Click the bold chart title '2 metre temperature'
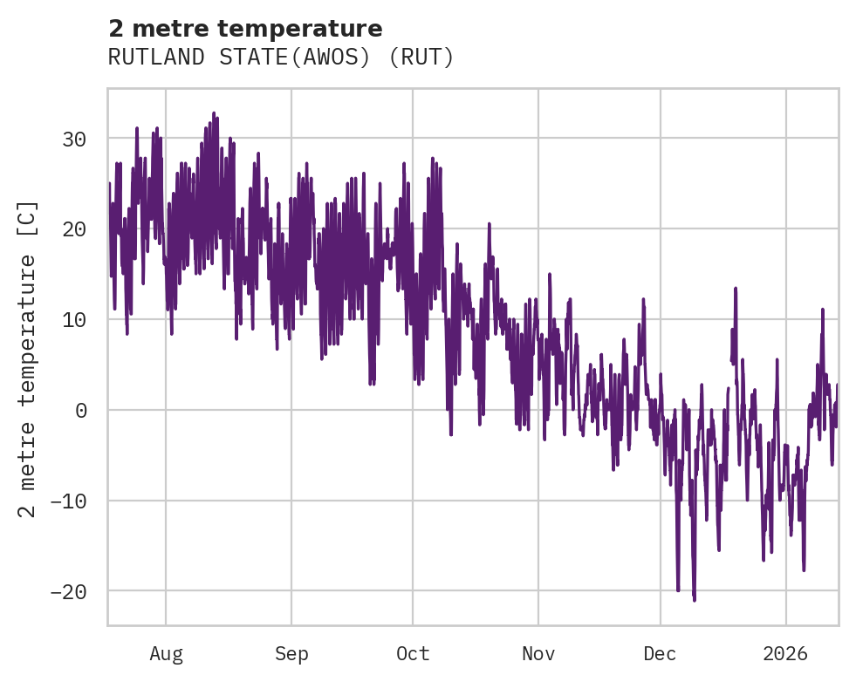click(x=245, y=30)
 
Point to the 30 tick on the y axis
click(x=74, y=139)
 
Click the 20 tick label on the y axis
click(x=74, y=229)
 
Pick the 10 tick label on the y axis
click(x=74, y=320)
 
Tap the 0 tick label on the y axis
click(x=81, y=411)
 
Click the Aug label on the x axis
click(x=166, y=653)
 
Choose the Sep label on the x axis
click(x=291, y=653)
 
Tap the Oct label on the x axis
click(x=413, y=653)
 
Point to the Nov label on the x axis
click(x=538, y=653)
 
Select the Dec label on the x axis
click(x=660, y=653)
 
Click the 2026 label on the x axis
click(x=785, y=653)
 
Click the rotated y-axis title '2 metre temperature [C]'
click(x=29, y=358)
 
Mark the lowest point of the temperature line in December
click(x=695, y=600)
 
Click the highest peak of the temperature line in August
click(x=213, y=113)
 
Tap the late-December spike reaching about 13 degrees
click(x=736, y=288)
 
